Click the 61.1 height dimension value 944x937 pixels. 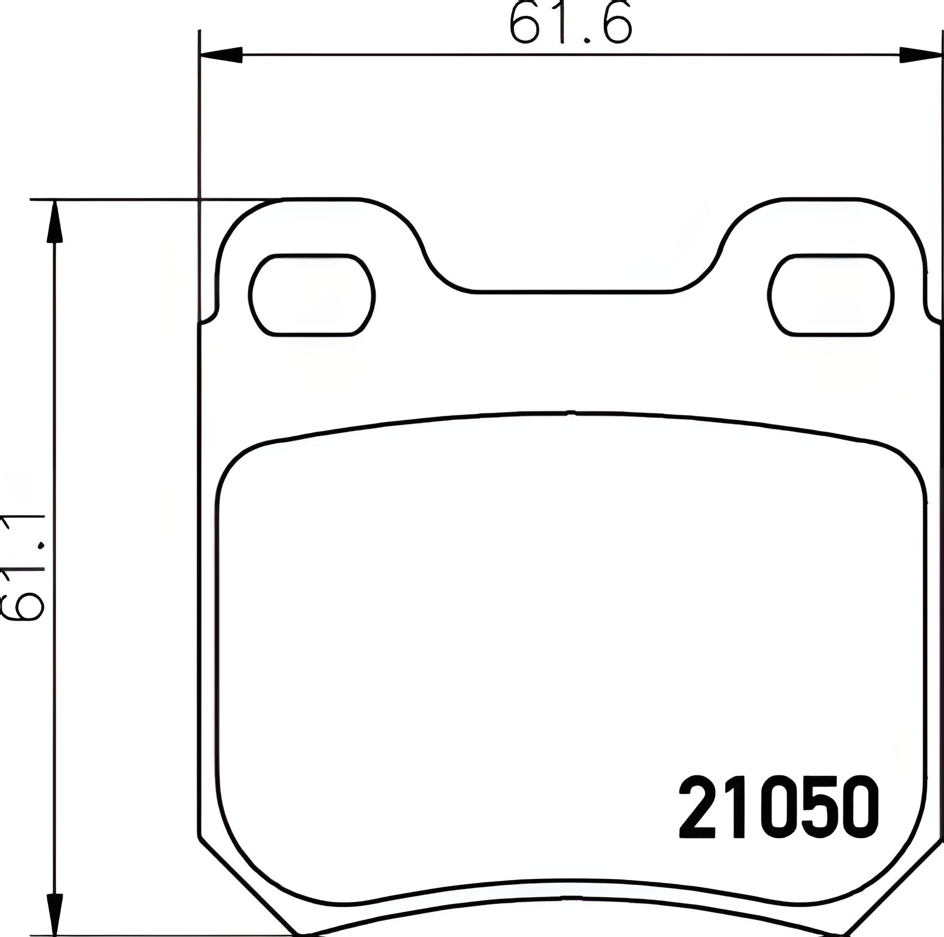(23, 567)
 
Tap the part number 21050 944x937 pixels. (779, 808)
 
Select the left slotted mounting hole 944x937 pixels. (312, 295)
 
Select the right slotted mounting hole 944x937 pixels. (830, 295)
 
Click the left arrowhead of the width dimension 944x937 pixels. (221, 55)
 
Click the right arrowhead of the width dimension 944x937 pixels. (921, 55)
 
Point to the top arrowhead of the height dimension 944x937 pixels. (54, 223)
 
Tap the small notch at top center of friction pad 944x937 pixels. (571, 413)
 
